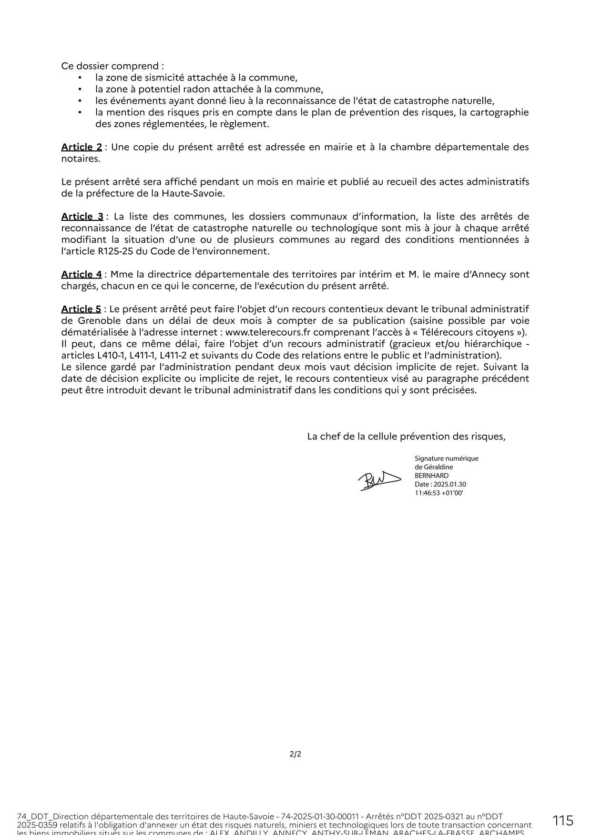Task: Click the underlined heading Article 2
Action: (x=82, y=147)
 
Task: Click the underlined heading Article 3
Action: (x=82, y=217)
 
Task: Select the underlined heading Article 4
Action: (x=82, y=275)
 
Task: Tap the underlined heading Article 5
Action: (x=81, y=309)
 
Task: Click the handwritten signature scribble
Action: (x=379, y=480)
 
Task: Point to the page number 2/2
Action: (x=295, y=754)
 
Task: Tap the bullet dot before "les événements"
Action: (x=80, y=101)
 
